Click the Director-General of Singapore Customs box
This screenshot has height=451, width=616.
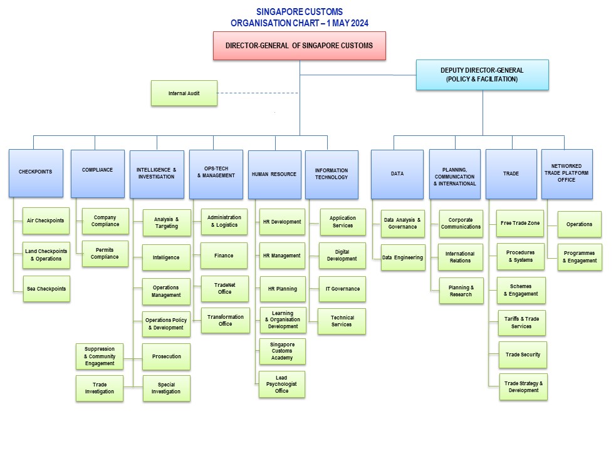click(x=299, y=46)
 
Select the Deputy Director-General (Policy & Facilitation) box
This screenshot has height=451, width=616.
click(x=482, y=75)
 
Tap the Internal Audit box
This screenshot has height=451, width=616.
click(x=184, y=93)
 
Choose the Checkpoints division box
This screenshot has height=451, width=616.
click(x=36, y=173)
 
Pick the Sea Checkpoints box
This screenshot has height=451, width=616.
click(x=46, y=289)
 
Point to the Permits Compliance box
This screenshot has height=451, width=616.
click(x=105, y=254)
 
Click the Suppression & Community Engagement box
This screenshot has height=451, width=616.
click(x=100, y=356)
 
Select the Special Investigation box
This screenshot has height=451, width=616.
click(x=166, y=388)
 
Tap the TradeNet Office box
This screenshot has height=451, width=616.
click(x=225, y=289)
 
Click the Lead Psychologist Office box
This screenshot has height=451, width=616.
click(x=282, y=384)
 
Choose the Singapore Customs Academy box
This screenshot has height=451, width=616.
click(x=282, y=351)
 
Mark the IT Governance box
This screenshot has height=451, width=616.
click(x=342, y=289)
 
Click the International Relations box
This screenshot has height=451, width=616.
click(x=460, y=257)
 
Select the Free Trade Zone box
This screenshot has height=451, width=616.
click(x=521, y=223)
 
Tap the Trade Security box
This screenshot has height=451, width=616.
click(x=523, y=355)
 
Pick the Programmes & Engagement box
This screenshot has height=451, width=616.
click(x=580, y=257)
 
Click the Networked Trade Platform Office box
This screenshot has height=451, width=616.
click(x=566, y=174)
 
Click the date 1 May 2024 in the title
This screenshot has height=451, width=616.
click(x=344, y=23)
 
